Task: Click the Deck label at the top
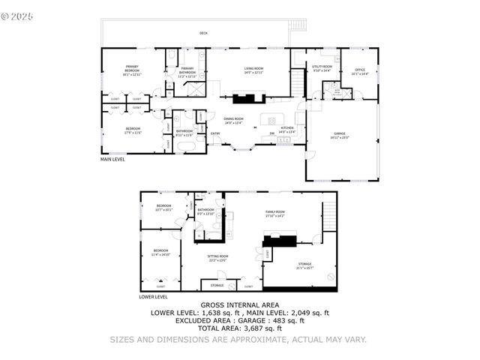pyautogui.click(x=203, y=33)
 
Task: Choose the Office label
pyautogui.click(x=360, y=71)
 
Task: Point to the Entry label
pyautogui.click(x=215, y=134)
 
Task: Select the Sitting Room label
pyautogui.click(x=217, y=258)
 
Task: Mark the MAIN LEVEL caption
pyautogui.click(x=113, y=159)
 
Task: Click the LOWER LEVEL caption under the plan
pyautogui.click(x=153, y=297)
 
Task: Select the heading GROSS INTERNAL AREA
pyautogui.click(x=240, y=305)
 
